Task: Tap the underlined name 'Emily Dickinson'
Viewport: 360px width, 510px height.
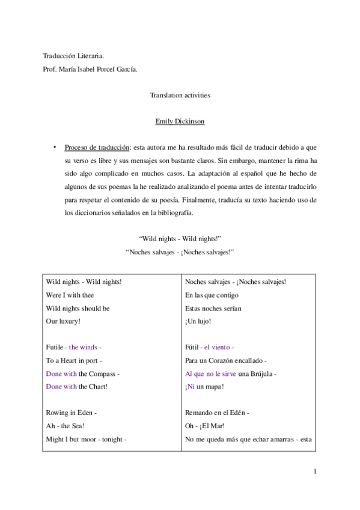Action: point(180,121)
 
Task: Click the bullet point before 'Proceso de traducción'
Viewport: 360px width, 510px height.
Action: point(54,147)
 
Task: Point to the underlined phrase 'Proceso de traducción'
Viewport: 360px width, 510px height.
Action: point(97,147)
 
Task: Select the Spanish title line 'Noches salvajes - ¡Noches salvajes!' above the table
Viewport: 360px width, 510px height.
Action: point(180,253)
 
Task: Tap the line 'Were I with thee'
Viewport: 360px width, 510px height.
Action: point(70,295)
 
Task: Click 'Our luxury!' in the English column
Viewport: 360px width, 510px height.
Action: point(63,321)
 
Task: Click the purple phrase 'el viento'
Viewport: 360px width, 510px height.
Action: point(217,348)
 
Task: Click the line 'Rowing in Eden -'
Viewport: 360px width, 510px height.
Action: point(72,413)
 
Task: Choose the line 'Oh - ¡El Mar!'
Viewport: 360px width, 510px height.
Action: point(206,426)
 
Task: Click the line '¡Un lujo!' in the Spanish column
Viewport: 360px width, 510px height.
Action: point(198,321)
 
